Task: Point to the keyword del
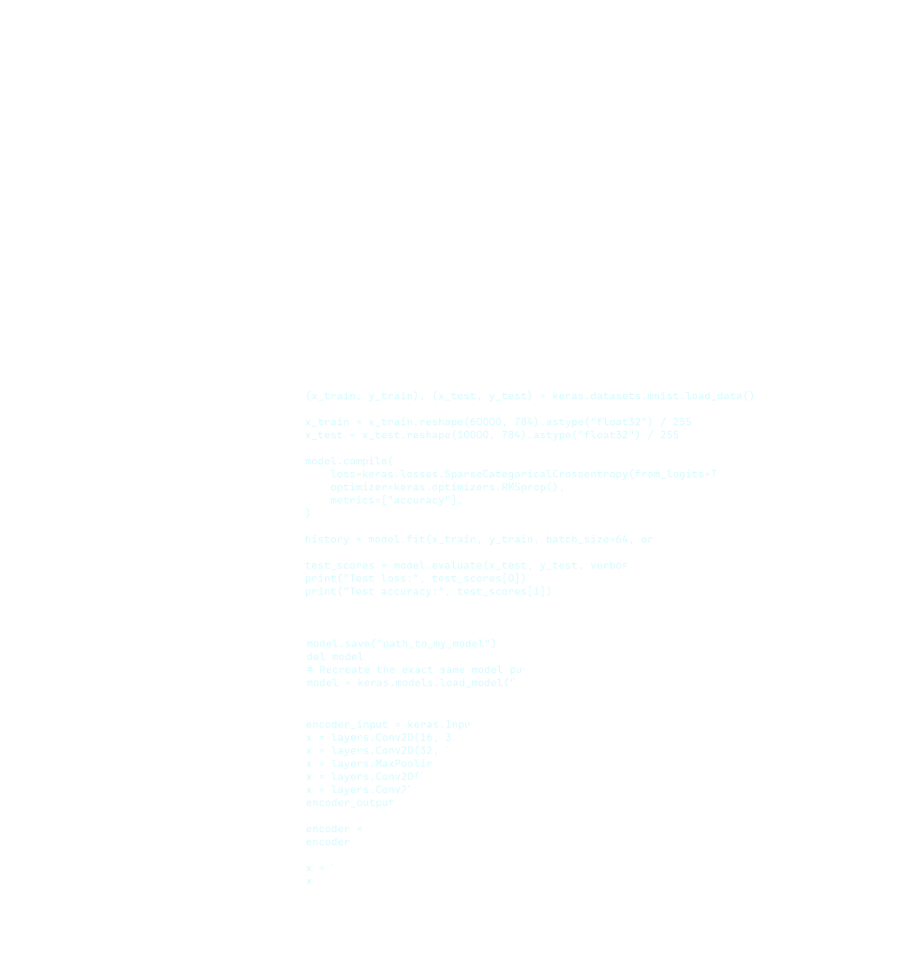[315, 656]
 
